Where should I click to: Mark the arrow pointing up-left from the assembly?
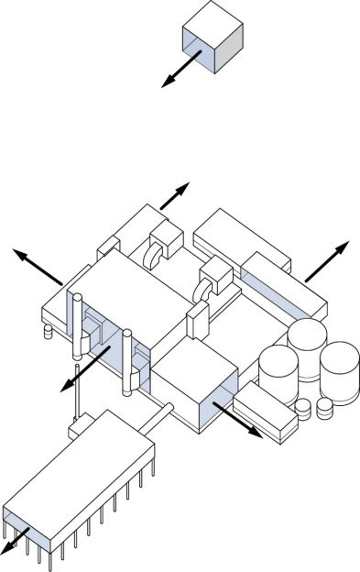pos(37,265)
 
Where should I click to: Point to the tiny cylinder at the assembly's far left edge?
pos(49,331)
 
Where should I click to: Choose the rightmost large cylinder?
pos(338,370)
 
